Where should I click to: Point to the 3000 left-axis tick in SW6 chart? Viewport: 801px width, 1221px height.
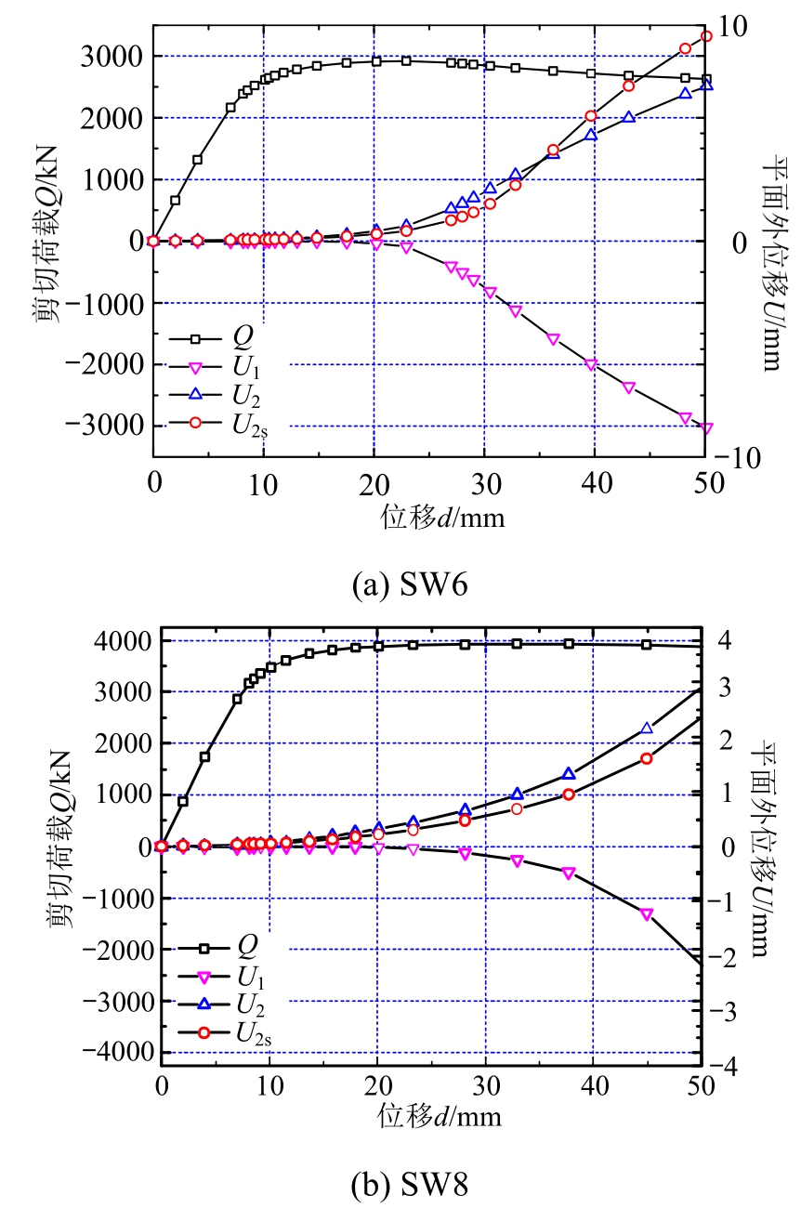coord(116,57)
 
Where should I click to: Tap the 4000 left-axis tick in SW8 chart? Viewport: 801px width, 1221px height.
coord(125,640)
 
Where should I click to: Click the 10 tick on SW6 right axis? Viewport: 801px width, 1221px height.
coord(734,26)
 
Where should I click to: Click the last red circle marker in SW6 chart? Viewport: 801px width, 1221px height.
coord(706,36)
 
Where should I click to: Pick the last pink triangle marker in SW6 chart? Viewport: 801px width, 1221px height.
coord(706,428)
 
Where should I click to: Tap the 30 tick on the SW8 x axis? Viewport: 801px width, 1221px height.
coord(484,1083)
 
